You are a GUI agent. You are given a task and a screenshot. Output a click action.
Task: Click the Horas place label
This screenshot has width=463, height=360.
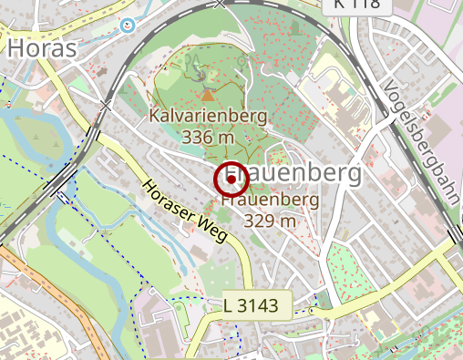42,47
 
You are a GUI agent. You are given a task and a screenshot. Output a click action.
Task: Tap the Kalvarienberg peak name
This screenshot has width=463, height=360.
209,117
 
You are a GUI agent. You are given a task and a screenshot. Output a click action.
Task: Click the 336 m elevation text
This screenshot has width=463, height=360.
209,137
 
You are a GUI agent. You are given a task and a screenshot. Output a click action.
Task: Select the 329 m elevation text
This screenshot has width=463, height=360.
270,220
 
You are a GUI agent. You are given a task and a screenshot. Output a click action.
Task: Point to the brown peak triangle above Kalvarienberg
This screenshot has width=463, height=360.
208,95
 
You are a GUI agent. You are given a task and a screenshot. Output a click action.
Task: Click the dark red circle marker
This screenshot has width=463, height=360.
232,180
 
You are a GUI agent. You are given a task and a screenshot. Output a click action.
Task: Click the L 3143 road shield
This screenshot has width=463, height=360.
257,306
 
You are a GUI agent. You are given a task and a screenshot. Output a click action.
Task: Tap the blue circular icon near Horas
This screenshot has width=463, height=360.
128,25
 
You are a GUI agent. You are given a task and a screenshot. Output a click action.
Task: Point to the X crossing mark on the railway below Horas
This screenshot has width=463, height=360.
107,105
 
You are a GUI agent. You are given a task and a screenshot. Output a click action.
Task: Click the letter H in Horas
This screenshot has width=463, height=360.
17,47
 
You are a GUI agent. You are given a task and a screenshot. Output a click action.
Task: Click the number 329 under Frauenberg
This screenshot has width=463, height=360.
259,220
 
